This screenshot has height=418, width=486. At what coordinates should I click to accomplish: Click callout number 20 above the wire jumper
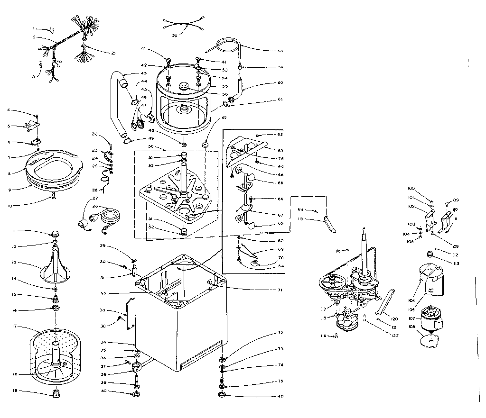point(174,36)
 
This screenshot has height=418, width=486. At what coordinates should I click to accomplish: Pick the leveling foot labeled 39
point(137,379)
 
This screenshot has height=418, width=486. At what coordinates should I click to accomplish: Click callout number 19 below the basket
point(15,391)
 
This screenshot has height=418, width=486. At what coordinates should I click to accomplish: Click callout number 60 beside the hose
point(280,83)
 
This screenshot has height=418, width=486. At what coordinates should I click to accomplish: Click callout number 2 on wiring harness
point(35,36)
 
